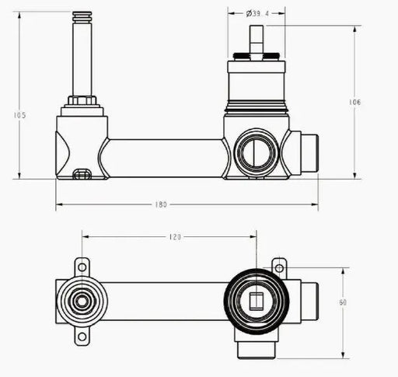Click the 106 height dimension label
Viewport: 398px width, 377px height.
point(355,102)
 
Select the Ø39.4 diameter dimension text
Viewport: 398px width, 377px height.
point(257,13)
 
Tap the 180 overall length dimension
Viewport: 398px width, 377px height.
point(161,204)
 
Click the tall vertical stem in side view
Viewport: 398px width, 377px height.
point(82,54)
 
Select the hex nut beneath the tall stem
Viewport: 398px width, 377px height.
point(82,101)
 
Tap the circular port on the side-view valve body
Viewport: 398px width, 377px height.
point(255,152)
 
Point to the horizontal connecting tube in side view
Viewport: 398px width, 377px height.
point(165,158)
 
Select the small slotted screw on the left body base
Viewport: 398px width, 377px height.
point(81,174)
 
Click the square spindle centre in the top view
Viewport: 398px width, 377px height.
point(256,300)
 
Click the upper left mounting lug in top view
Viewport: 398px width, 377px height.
point(81,266)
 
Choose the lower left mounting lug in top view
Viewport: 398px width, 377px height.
point(81,336)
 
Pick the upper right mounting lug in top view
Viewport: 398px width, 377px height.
point(279,267)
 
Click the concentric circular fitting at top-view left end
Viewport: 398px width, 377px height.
point(81,301)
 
